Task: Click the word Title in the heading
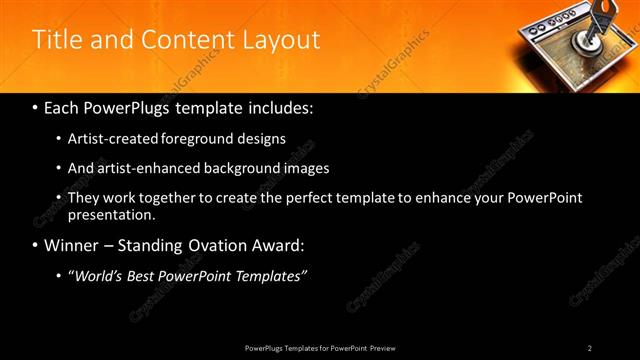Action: [x=57, y=40]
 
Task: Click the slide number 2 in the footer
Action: [x=590, y=348]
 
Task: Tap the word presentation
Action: [x=109, y=214]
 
